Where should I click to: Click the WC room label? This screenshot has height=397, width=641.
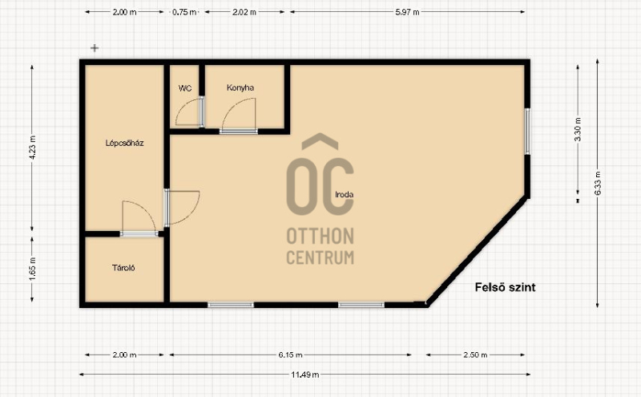tap(185, 88)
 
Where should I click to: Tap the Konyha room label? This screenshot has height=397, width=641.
tap(240, 87)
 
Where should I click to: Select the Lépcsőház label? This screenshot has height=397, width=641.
tap(125, 143)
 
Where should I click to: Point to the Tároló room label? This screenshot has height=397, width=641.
tap(123, 268)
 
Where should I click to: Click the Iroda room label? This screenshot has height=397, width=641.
tap(345, 194)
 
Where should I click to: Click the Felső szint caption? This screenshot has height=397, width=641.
tap(506, 287)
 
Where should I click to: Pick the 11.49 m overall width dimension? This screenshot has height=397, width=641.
tap(305, 375)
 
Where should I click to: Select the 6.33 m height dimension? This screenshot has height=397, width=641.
tap(598, 183)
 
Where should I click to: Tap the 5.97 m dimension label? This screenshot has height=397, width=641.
tap(407, 12)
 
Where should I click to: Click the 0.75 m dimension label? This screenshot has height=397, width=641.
tap(184, 12)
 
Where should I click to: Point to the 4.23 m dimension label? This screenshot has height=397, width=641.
tap(33, 148)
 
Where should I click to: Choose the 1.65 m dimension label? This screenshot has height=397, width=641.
tap(33, 269)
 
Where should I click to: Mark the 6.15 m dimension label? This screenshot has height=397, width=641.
tap(291, 354)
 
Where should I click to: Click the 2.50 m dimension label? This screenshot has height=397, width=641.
tap(475, 354)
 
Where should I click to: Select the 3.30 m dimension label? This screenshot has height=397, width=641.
tap(578, 129)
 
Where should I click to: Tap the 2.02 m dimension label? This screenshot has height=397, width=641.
tap(244, 12)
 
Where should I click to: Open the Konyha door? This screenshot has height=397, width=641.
tap(239, 131)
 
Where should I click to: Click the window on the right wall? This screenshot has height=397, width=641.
tap(527, 132)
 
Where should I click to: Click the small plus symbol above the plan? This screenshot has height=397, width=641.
tap(95, 48)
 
